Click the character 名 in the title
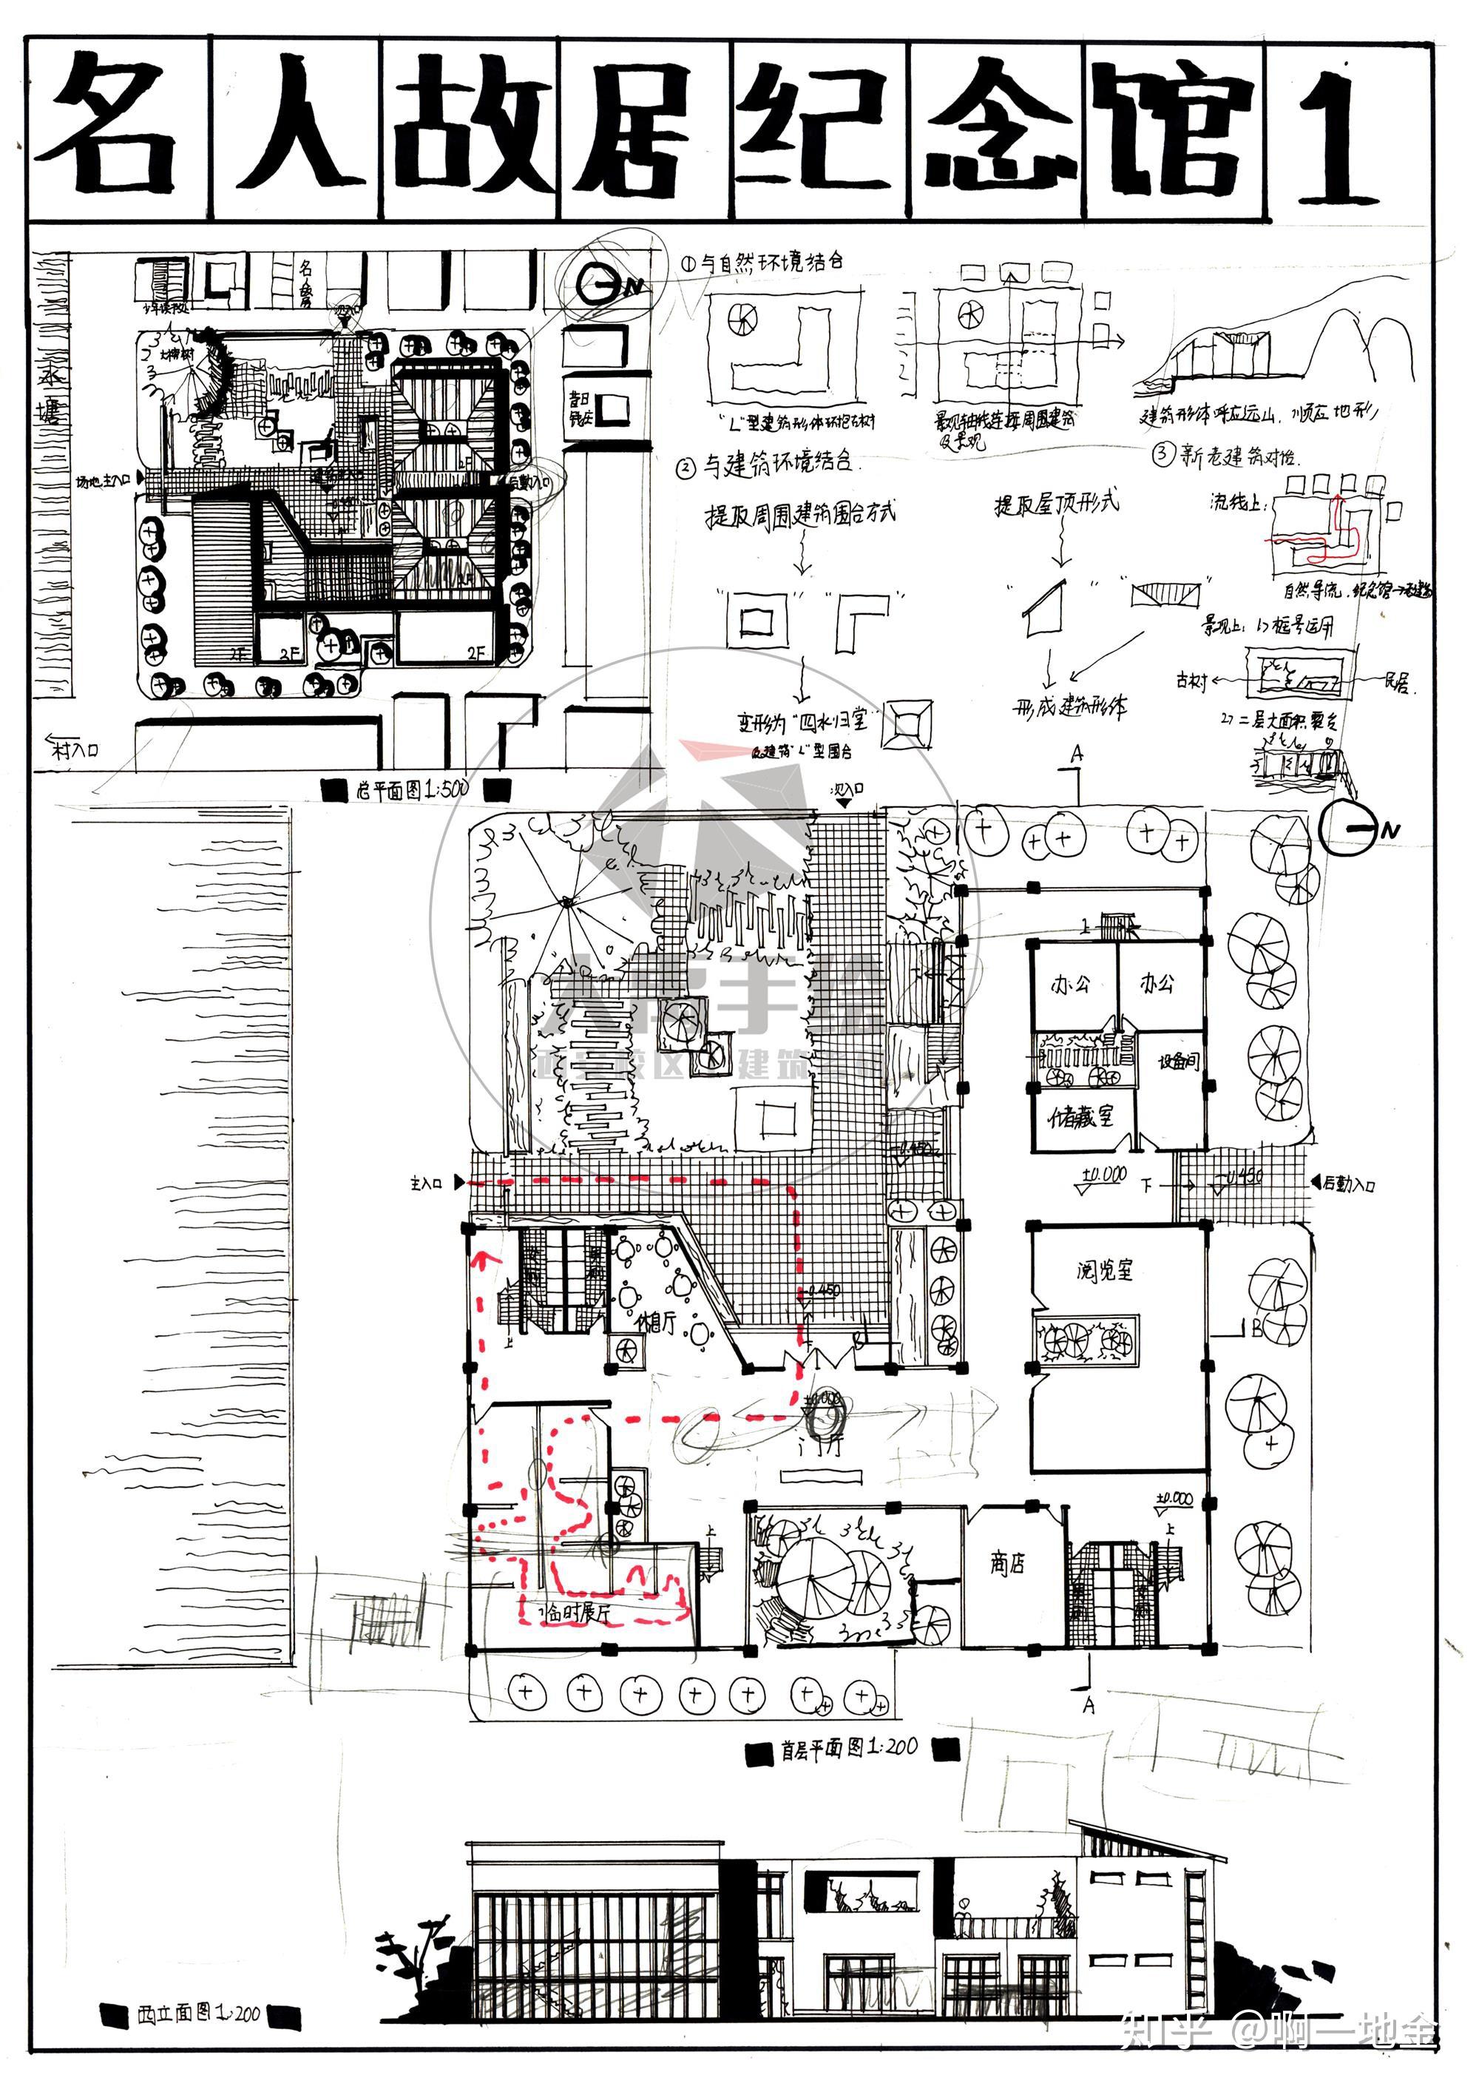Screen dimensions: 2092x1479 (114, 127)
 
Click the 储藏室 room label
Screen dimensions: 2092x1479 (1080, 1117)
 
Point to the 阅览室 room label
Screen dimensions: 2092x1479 (1105, 1270)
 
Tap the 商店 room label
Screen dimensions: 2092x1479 (1007, 1564)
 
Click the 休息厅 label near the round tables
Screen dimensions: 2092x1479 (657, 1322)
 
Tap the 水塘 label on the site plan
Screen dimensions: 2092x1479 (50, 392)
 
